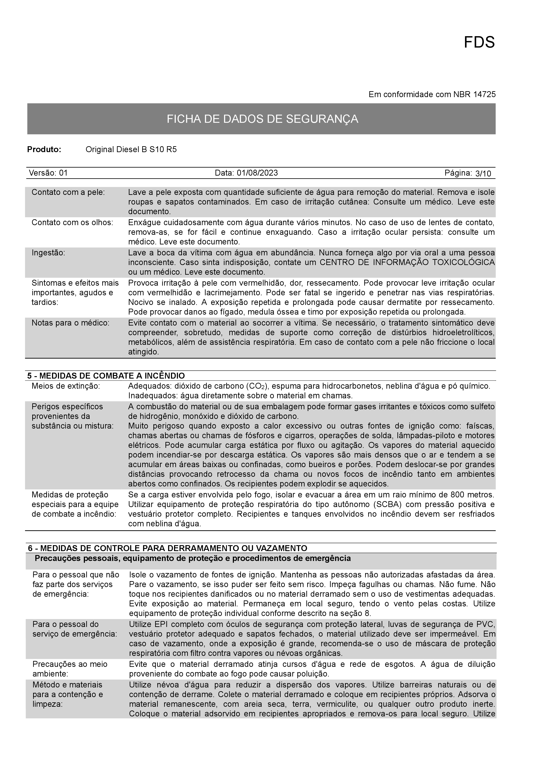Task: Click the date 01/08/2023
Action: pyautogui.click(x=257, y=173)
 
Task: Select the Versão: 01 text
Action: pyautogui.click(x=48, y=173)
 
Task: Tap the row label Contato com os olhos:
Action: pyautogui.click(x=72, y=223)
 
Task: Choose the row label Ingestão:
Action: pyautogui.click(x=48, y=253)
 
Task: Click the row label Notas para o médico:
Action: pyautogui.click(x=70, y=323)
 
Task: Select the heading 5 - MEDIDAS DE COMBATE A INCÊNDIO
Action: pyautogui.click(x=106, y=376)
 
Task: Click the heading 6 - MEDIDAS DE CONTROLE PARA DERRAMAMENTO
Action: pyautogui.click(x=168, y=548)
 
